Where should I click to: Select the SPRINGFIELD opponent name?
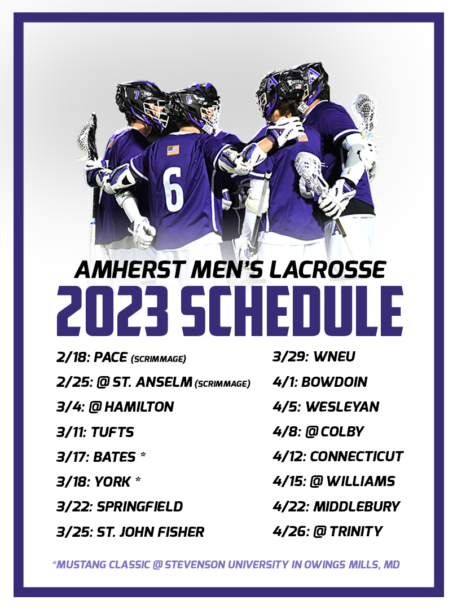pos(140,506)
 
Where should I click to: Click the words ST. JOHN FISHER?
pos(151,532)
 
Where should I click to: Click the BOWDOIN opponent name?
pos(335,382)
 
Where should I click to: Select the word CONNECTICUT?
pos(357,456)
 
